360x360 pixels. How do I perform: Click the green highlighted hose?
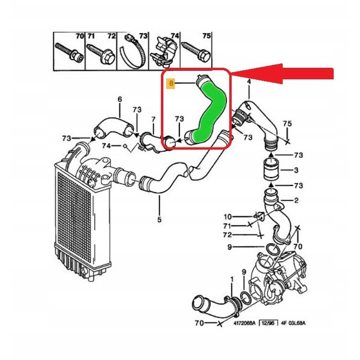tap(210, 111)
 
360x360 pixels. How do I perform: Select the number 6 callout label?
tap(119, 99)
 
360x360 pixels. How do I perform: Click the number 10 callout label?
tap(227, 216)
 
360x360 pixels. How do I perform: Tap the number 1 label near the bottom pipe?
tap(232, 280)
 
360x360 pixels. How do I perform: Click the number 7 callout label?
tap(153, 119)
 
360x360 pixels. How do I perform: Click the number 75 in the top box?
tap(206, 36)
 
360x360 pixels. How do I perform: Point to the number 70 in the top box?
tap(79, 36)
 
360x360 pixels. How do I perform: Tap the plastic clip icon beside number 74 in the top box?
tap(164, 48)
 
